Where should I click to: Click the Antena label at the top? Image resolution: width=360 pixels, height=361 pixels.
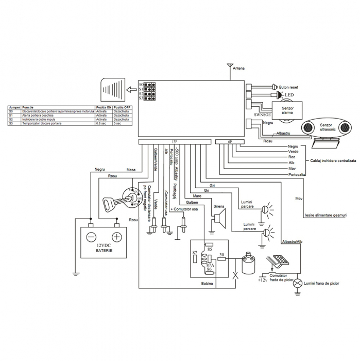238,68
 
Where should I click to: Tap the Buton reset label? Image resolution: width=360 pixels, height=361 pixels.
289,88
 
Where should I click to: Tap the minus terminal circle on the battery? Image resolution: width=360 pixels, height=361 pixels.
91,237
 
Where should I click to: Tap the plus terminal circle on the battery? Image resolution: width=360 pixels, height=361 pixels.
117,237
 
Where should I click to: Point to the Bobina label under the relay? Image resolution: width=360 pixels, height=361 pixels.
207,283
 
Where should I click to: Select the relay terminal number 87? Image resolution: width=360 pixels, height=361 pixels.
194,253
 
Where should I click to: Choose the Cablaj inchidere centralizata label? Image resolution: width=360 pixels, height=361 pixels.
333,161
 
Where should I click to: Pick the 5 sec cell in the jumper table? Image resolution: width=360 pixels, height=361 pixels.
117,124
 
